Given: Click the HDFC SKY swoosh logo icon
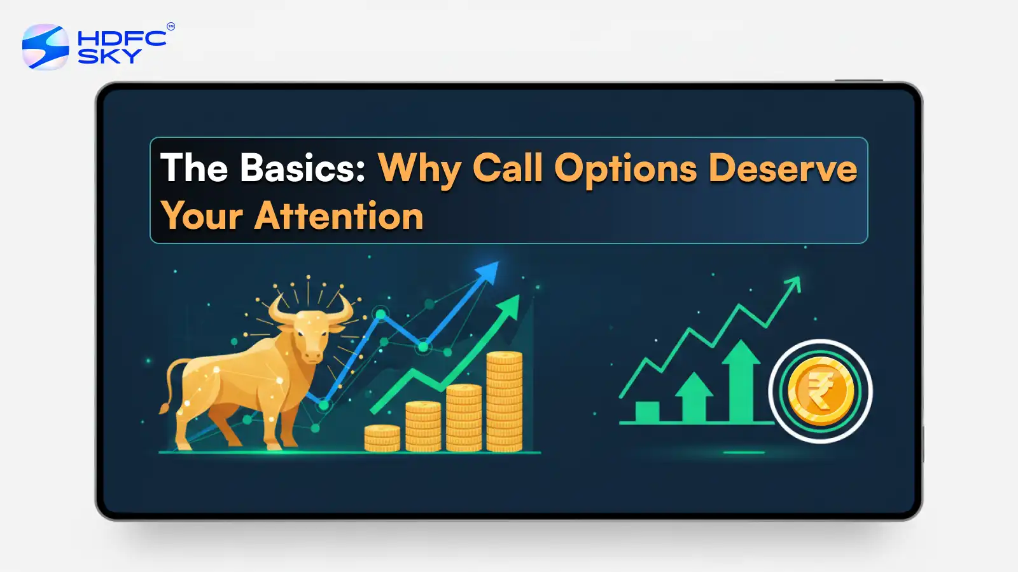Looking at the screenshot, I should point(45,47).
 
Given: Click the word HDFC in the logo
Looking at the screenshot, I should point(122,38).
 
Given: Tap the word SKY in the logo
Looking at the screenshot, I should point(109,56).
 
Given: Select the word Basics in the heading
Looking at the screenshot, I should point(303,168).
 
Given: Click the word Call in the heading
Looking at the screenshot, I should point(508,168).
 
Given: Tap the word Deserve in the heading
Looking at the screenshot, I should point(783,168).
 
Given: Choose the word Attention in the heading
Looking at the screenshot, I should point(339,216).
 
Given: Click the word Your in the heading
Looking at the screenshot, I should point(202,216).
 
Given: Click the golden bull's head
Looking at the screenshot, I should point(310,330).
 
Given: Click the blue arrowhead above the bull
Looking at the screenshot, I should point(488,272).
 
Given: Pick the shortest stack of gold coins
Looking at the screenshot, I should point(382,438).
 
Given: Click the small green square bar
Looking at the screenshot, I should point(647,411).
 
